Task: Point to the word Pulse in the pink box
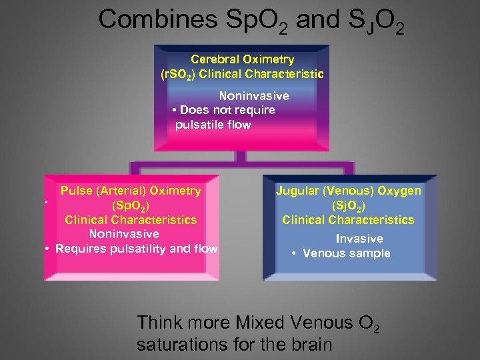coord(77,191)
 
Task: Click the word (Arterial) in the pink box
coord(122,191)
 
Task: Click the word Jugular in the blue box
coord(298,191)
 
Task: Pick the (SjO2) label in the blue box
coord(348,205)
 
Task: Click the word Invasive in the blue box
coord(359,239)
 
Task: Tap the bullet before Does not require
coord(174,111)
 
